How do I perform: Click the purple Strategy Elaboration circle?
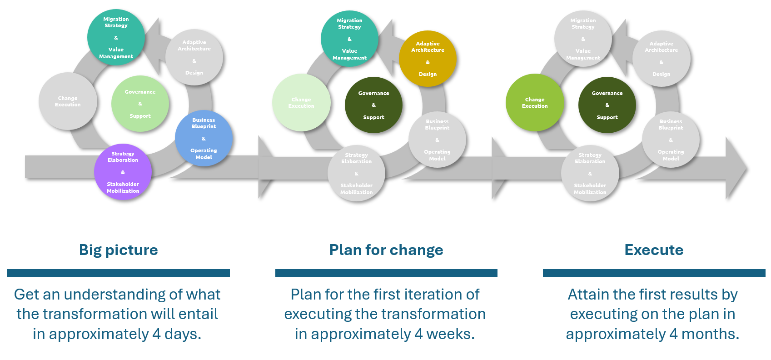[123, 172]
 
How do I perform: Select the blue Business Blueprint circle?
[204, 139]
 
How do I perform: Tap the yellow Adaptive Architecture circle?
[428, 59]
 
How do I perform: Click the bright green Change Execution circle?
[535, 103]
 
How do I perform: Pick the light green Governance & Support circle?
[140, 104]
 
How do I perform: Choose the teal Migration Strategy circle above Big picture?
[116, 38]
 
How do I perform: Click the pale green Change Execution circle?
[301, 103]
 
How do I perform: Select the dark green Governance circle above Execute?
[607, 105]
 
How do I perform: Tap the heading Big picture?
[118, 250]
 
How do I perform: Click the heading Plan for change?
[386, 250]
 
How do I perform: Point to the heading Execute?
[654, 250]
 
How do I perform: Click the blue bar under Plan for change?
[386, 273]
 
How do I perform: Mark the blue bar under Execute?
[654, 273]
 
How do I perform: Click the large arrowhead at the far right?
[735, 168]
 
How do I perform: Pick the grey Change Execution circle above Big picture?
[68, 101]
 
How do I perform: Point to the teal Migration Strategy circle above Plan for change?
[349, 39]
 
